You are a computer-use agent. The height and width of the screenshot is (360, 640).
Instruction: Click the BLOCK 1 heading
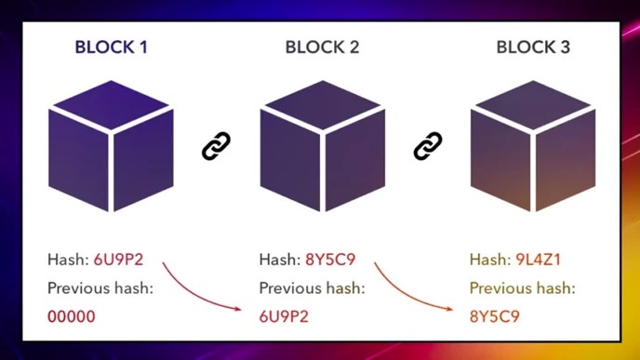tap(111, 47)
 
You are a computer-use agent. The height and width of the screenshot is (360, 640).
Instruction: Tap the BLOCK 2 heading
tap(322, 47)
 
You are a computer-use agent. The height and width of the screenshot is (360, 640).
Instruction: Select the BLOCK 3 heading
tap(533, 47)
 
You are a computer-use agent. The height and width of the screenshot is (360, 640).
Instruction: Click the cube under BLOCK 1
tap(111, 149)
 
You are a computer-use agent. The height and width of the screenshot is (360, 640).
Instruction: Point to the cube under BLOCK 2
tap(322, 149)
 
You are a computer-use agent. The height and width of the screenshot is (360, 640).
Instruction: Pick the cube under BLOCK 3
tap(533, 149)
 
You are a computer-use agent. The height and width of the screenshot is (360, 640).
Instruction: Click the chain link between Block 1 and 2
tap(216, 146)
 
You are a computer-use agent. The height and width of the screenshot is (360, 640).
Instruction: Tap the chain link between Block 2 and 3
tap(427, 146)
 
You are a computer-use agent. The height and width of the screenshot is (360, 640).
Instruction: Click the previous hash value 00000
tap(72, 316)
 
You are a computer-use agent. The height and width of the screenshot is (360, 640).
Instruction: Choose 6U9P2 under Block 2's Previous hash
tap(285, 316)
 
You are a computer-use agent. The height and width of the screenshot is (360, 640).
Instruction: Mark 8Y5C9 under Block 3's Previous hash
tap(495, 316)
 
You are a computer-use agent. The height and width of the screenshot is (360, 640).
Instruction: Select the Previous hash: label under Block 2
tap(312, 288)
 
